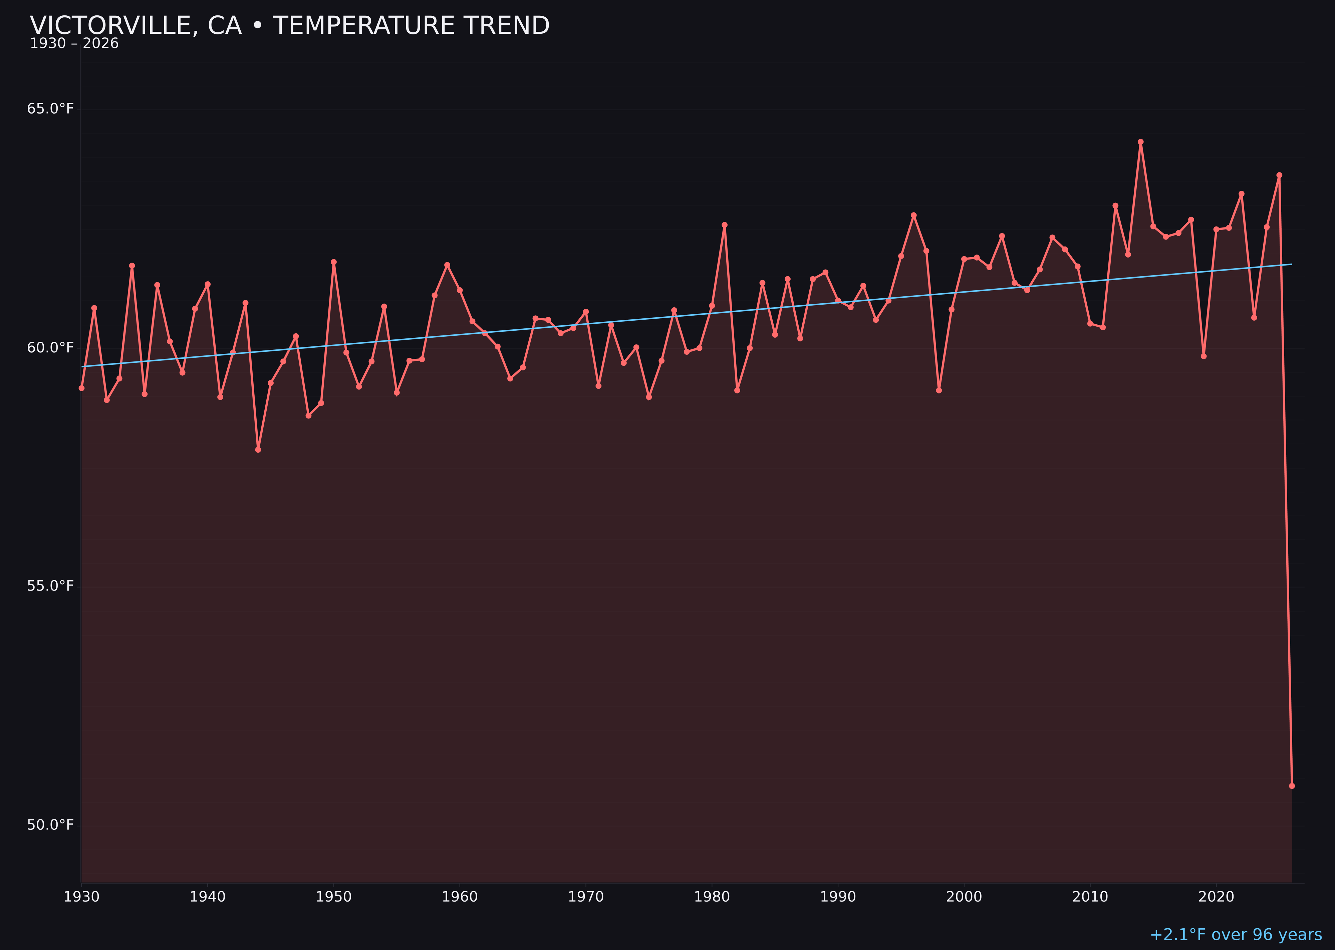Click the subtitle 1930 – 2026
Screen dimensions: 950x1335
pos(74,44)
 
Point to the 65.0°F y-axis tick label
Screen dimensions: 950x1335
pos(50,109)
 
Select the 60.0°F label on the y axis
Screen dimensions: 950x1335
pos(50,348)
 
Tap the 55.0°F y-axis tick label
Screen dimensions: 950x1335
pos(50,586)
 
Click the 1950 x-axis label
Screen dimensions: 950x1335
pos(334,897)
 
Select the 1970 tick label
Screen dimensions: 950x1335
pos(586,897)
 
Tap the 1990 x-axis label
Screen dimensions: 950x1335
pos(838,897)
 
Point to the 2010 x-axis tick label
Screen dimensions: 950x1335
pos(1090,897)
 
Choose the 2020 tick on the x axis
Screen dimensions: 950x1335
pos(1216,897)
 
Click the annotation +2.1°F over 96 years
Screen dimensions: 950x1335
pos(1235,935)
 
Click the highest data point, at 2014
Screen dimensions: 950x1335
pos(1140,142)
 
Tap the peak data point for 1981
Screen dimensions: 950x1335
pos(724,224)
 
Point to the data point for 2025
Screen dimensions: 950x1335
pos(1279,175)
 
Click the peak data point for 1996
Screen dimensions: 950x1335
pos(913,215)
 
